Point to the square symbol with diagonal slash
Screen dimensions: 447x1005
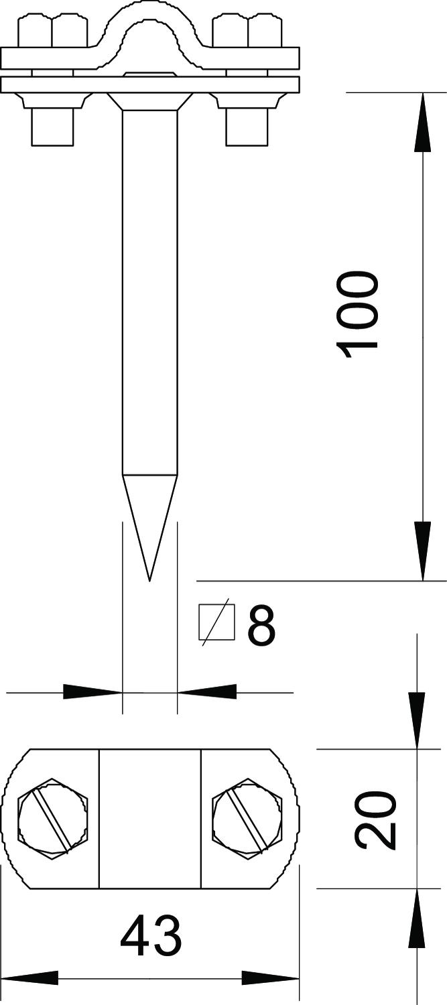coord(216,622)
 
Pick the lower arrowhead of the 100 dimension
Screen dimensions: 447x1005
coord(422,551)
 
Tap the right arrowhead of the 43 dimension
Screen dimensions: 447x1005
coord(271,987)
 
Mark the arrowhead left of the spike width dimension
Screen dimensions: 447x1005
coord(92,692)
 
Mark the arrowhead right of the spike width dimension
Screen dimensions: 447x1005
coord(207,692)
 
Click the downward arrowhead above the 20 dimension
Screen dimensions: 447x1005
coord(416,720)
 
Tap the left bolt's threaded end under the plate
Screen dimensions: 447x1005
coord(52,127)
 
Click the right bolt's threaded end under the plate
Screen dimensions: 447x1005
coord(247,127)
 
